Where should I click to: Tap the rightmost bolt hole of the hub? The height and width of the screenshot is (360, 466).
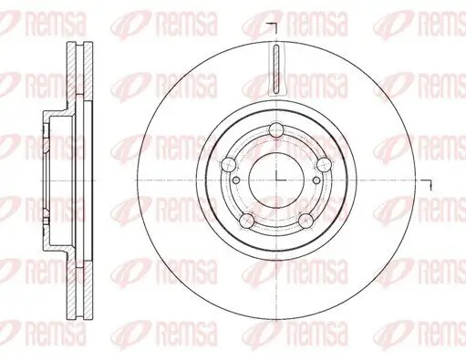(x=322, y=163)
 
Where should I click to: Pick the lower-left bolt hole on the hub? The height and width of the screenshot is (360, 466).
(x=246, y=219)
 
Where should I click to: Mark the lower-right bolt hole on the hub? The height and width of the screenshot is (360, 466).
(x=304, y=219)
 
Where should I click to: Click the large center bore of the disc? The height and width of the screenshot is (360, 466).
(x=274, y=178)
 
